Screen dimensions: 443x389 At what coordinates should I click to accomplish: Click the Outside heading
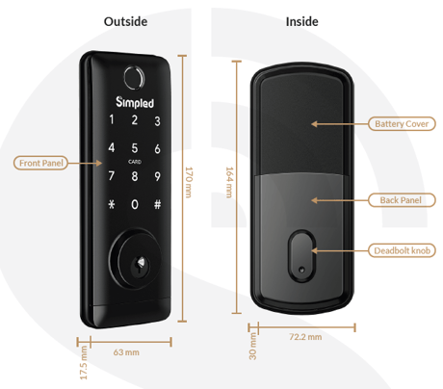pyautogui.click(x=125, y=22)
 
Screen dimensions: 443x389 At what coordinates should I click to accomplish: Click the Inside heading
pyautogui.click(x=302, y=22)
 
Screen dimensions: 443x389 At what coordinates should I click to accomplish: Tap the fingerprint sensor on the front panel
pyautogui.click(x=134, y=78)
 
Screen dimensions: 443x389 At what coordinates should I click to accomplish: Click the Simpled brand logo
pyautogui.click(x=135, y=102)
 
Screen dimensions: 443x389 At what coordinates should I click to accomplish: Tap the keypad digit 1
pyautogui.click(x=112, y=119)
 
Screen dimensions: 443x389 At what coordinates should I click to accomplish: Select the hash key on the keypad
pyautogui.click(x=157, y=204)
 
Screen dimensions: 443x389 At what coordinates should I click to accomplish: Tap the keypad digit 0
pyautogui.click(x=135, y=204)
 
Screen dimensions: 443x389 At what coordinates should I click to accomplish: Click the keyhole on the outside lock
pyautogui.click(x=141, y=265)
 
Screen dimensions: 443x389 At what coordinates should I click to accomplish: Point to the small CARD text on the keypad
pyautogui.click(x=135, y=162)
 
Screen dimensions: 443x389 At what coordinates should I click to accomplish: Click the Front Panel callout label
pyautogui.click(x=40, y=163)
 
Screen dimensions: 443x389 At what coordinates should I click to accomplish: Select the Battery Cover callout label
pyautogui.click(x=402, y=124)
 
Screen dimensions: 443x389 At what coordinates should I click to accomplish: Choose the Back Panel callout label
pyautogui.click(x=402, y=200)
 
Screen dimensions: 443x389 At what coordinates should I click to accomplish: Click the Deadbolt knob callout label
pyautogui.click(x=402, y=250)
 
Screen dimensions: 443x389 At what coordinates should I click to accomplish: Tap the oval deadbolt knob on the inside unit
pyautogui.click(x=301, y=256)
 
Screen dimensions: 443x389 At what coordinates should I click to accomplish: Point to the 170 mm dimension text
pyautogui.click(x=189, y=182)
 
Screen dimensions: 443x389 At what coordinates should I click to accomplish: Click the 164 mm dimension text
pyautogui.click(x=229, y=182)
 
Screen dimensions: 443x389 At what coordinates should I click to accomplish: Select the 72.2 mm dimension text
pyautogui.click(x=305, y=337)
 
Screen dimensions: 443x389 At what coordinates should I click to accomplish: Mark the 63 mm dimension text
pyautogui.click(x=126, y=352)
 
